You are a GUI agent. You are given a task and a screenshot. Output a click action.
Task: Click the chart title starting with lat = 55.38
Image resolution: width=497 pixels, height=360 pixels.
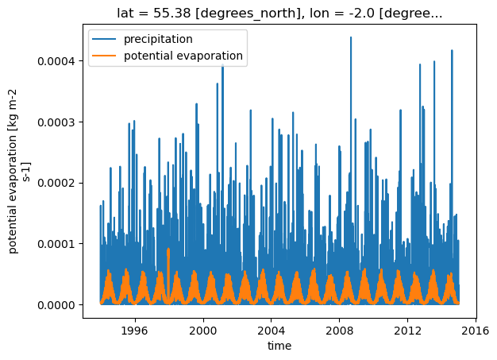tap(279, 14)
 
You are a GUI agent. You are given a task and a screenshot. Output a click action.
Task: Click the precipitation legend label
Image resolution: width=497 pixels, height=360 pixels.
tap(158, 39)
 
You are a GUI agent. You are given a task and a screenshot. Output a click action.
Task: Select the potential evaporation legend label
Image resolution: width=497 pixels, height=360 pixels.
tap(183, 56)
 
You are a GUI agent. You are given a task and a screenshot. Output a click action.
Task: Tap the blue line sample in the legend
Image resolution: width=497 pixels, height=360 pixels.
tap(104, 39)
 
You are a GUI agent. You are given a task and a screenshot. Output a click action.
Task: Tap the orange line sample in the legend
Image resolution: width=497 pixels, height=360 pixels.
tap(104, 56)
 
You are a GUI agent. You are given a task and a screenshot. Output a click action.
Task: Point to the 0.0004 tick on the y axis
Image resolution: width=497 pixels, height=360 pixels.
tap(56, 61)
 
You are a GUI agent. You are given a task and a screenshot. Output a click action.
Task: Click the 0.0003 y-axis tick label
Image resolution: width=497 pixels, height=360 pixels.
tap(56, 122)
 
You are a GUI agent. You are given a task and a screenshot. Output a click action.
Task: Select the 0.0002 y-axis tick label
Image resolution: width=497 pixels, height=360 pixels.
tap(56, 183)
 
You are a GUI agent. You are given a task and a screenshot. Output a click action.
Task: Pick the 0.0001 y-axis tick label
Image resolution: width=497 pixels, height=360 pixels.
tap(56, 244)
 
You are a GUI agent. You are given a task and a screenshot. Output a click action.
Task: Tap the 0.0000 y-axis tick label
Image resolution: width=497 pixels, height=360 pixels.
tap(56, 305)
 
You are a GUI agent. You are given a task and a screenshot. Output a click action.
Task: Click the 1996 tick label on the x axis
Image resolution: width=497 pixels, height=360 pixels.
tap(135, 331)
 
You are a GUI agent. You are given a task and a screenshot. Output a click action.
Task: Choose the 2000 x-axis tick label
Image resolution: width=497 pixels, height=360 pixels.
tap(203, 331)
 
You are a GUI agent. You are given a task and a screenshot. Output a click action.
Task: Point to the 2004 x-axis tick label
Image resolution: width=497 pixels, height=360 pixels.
tap(272, 331)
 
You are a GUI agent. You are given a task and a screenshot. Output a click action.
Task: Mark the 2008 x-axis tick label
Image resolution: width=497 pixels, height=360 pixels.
tap(340, 331)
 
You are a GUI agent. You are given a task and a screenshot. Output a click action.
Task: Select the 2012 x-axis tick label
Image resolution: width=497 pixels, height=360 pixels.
tap(407, 331)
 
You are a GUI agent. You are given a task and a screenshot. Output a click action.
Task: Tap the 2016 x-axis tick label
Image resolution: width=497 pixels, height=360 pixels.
tap(476, 331)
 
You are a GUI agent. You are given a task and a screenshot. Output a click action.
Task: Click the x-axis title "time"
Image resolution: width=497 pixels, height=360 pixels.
tap(279, 346)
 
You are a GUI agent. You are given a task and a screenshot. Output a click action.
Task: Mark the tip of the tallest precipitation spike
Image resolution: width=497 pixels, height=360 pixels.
tap(351, 37)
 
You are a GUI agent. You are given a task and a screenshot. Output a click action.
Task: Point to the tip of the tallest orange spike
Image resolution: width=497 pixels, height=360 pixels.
tap(168, 249)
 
